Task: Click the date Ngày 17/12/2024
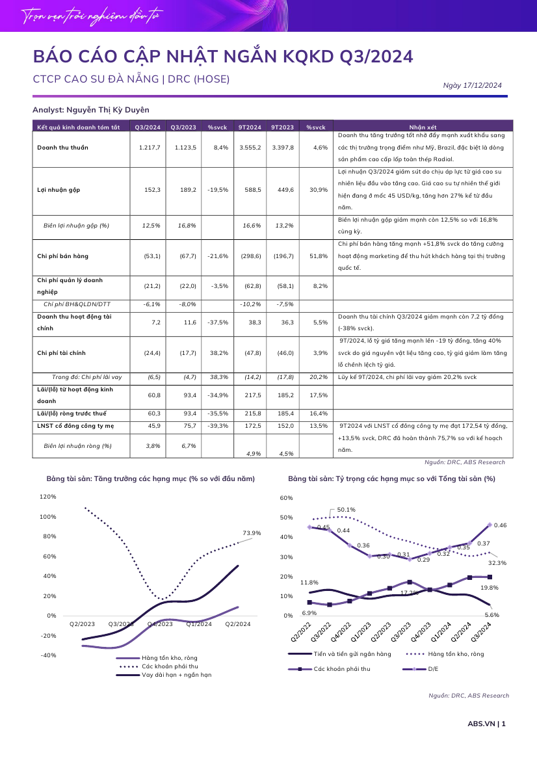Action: point(472,85)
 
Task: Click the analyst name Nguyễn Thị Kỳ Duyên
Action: point(107,110)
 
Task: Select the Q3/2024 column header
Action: point(148,127)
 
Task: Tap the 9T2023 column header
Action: point(283,127)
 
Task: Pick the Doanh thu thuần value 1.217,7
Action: point(150,148)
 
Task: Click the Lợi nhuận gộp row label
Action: point(59,190)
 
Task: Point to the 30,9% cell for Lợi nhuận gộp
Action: point(319,190)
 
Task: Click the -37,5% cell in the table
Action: point(218,322)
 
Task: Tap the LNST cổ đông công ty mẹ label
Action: point(75,426)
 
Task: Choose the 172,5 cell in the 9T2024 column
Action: point(253,426)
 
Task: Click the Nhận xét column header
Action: point(423,127)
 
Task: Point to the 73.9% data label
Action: point(252,533)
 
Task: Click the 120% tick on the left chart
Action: point(48,497)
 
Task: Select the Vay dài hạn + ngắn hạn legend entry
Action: point(176,675)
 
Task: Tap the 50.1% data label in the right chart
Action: point(347,510)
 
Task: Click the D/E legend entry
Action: point(434,669)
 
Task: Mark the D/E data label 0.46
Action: point(500,525)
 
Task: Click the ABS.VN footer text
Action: point(481,724)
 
